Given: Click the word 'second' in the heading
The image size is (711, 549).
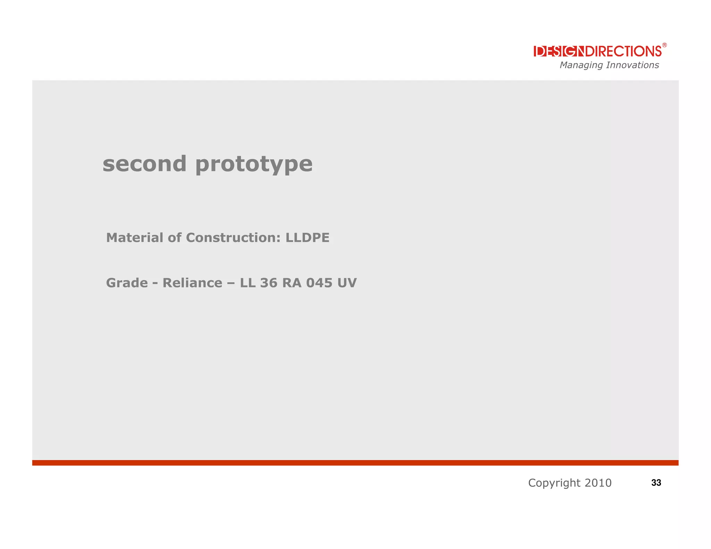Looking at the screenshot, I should click(x=144, y=164).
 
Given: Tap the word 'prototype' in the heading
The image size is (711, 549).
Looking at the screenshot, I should click(x=254, y=164).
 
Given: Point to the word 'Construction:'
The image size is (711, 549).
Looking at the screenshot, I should click(x=233, y=238).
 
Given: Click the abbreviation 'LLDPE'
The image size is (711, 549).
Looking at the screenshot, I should click(x=307, y=238).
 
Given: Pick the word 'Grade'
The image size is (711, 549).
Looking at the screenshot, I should click(x=127, y=283).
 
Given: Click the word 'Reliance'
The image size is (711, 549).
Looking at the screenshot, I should click(x=192, y=283).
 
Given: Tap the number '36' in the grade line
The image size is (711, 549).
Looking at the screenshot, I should click(x=269, y=283).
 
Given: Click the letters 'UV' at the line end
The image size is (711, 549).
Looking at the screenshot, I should click(x=347, y=283).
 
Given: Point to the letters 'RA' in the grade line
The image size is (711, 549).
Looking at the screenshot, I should click(x=292, y=283).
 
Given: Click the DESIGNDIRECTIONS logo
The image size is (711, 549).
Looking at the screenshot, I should click(x=597, y=51).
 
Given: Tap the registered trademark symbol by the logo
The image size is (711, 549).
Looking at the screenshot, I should click(x=664, y=45).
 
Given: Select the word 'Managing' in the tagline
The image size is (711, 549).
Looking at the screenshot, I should click(x=581, y=65).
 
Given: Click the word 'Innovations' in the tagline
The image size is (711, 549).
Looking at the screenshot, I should click(x=632, y=65).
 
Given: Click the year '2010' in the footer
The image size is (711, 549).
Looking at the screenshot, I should click(x=598, y=483).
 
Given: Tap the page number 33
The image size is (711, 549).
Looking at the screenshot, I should click(x=656, y=483).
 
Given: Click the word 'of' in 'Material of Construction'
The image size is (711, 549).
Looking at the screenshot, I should click(x=174, y=238).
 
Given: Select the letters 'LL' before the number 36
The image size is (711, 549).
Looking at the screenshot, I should click(x=248, y=283).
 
